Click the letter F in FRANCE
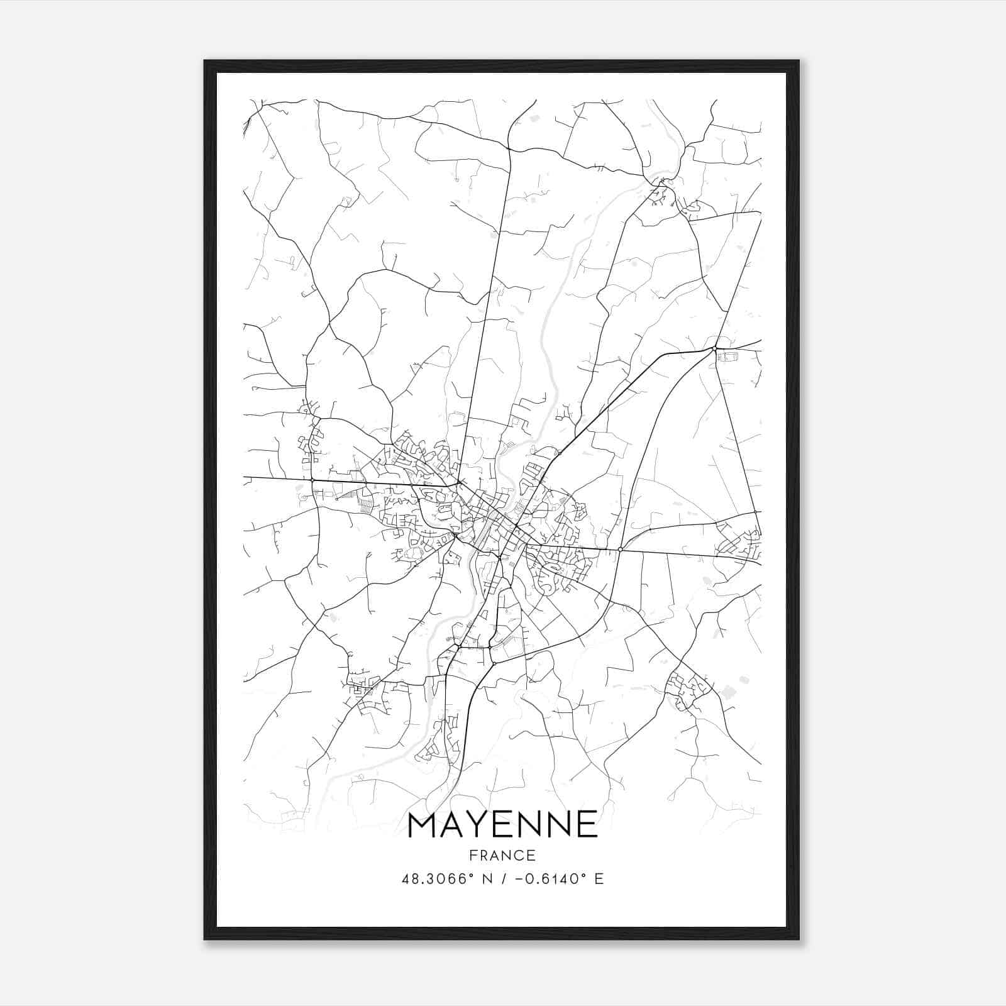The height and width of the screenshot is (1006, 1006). (473, 856)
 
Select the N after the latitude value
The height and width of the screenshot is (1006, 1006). (486, 879)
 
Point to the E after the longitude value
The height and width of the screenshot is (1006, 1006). (599, 879)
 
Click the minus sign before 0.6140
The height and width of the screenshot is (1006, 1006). (518, 879)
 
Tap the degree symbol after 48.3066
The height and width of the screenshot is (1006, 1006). (470, 875)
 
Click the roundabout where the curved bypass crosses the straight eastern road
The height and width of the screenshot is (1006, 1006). (620, 550)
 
